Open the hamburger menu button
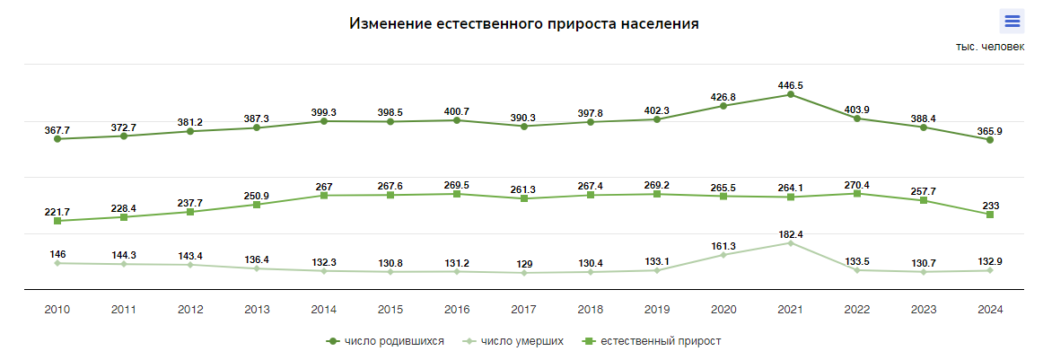coord(1012,22)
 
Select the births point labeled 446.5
coord(790,94)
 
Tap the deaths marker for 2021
coord(790,242)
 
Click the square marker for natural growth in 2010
coord(57,221)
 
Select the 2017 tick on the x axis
coord(523,309)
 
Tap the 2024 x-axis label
coord(989,309)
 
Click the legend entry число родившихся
coord(386,341)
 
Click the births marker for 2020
coord(723,106)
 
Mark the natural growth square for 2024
coord(989,215)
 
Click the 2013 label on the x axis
coord(257,309)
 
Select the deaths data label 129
coord(523,264)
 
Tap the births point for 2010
coord(57,139)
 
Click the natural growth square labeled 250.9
coord(257,205)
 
